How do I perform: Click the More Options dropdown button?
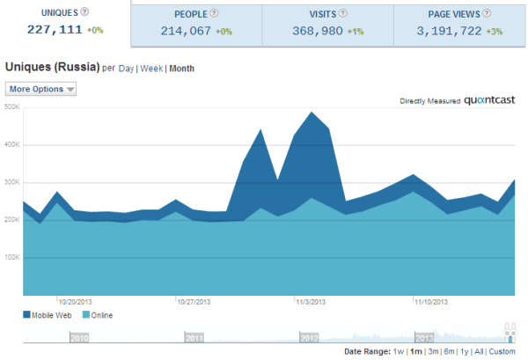click(41, 89)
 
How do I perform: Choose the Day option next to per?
click(126, 68)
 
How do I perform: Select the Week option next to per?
click(151, 68)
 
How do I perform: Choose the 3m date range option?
click(431, 351)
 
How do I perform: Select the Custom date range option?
click(502, 351)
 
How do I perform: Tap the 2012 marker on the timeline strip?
click(309, 337)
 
